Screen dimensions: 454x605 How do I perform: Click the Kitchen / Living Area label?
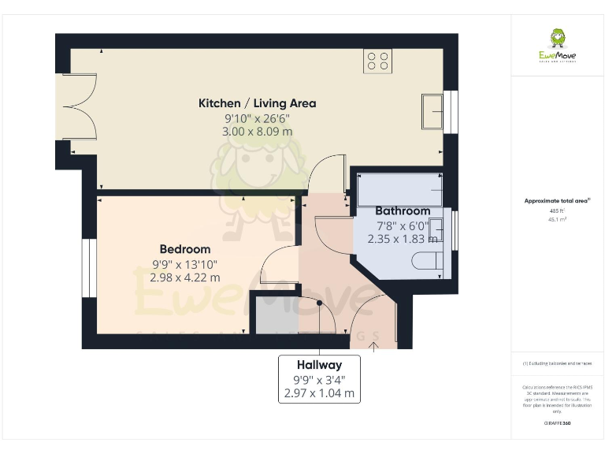pos(257,103)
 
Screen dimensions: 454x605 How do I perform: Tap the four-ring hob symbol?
pos(378,61)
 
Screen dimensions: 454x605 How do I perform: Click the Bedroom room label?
pos(184,249)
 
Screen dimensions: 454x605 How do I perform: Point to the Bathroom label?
pos(403,210)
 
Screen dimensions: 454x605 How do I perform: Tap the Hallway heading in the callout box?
pos(319,365)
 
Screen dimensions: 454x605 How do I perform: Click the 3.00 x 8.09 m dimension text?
pos(257,132)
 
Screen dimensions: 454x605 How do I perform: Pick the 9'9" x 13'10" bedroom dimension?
pos(184,264)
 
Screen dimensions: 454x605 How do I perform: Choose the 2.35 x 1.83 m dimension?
pos(403,239)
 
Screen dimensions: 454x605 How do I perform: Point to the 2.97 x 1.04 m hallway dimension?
pos(319,393)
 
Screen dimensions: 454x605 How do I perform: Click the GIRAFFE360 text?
pos(557,424)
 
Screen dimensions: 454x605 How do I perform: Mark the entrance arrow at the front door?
pos(374,342)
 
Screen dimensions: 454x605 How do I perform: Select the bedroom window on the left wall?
pos(89,268)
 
